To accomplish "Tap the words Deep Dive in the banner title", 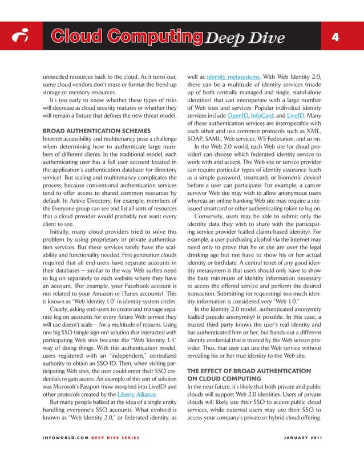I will tap(245, 38).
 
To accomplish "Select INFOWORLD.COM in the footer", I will tap(64, 438).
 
